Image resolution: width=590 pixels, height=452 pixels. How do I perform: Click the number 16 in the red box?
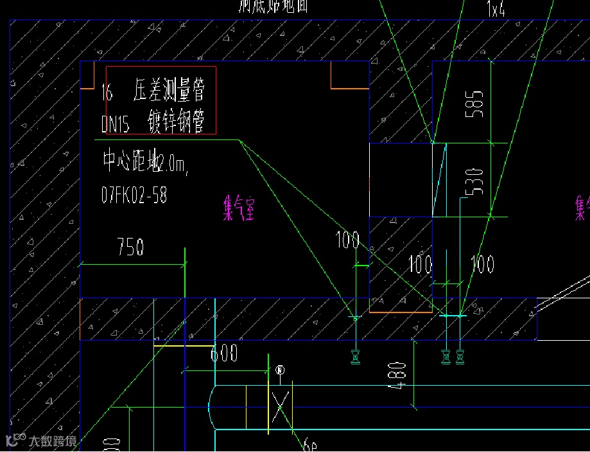tap(107, 93)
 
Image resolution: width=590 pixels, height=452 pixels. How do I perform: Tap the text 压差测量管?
tap(169, 91)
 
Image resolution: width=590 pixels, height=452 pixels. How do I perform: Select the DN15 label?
tap(116, 124)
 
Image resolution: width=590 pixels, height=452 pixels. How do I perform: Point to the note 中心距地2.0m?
tap(145, 163)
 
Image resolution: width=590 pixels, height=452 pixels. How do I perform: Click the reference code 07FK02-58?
tap(134, 195)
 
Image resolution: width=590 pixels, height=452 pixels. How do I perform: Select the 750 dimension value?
tap(130, 248)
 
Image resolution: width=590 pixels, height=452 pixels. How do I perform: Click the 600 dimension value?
tap(224, 353)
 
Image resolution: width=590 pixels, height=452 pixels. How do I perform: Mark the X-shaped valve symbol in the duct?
tap(280, 406)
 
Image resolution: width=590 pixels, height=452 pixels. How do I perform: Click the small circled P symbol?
tap(279, 370)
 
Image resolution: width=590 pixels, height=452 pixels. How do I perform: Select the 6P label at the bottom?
tap(311, 444)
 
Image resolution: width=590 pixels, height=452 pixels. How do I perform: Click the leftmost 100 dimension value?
tap(347, 240)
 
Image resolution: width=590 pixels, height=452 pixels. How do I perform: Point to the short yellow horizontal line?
tap(183, 346)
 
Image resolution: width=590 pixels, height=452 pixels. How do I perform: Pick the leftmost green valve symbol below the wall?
tap(355, 356)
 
